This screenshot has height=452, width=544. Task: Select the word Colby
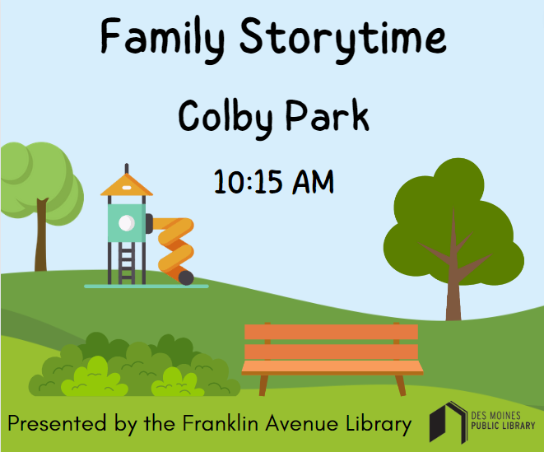(230, 118)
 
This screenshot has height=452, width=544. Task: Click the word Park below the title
(327, 118)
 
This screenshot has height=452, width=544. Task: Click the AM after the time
(312, 181)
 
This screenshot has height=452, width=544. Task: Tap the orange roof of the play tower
(127, 183)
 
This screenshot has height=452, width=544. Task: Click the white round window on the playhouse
(126, 222)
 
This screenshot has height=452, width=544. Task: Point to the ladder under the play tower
(126, 262)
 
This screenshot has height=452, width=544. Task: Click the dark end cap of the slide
(187, 278)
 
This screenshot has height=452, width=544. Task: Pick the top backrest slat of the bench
(330, 331)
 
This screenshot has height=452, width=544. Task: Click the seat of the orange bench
(332, 367)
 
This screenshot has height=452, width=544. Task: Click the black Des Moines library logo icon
(448, 422)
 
